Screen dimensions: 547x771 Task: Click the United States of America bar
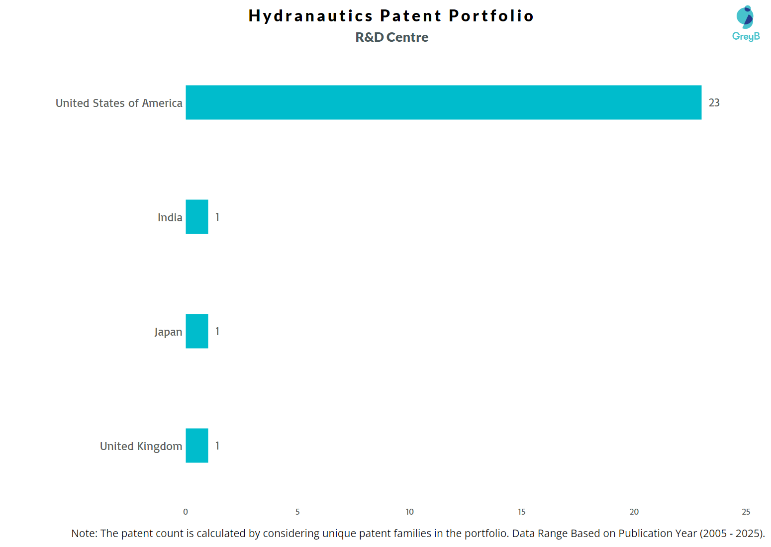click(443, 102)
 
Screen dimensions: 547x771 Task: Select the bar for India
click(197, 217)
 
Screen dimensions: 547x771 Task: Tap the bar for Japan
click(197, 331)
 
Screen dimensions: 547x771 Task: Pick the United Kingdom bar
click(197, 446)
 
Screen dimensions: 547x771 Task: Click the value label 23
click(714, 103)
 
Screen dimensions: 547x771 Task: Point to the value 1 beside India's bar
click(217, 217)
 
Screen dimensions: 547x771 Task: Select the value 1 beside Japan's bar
click(217, 332)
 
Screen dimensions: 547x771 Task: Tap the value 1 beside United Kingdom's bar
click(217, 446)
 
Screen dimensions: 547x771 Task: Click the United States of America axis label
click(119, 103)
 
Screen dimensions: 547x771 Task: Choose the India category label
click(170, 218)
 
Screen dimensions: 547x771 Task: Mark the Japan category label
click(168, 332)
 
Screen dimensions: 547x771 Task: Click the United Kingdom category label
click(141, 447)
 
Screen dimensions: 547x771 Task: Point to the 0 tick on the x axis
click(186, 512)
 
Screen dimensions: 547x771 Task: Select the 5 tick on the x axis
click(297, 512)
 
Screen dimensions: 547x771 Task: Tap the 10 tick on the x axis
click(409, 512)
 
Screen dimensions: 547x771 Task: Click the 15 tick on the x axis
click(522, 512)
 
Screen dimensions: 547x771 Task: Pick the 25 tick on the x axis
click(746, 512)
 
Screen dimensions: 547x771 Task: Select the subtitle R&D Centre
click(391, 37)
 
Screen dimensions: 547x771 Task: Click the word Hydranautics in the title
click(310, 16)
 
